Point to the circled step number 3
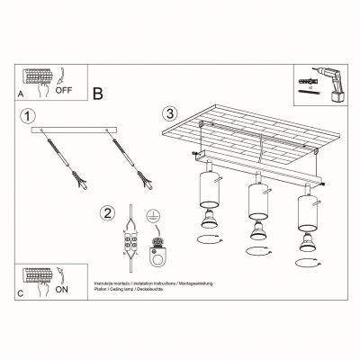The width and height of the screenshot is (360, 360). coord(168,114)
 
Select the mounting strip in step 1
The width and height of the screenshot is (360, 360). coord(76,130)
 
